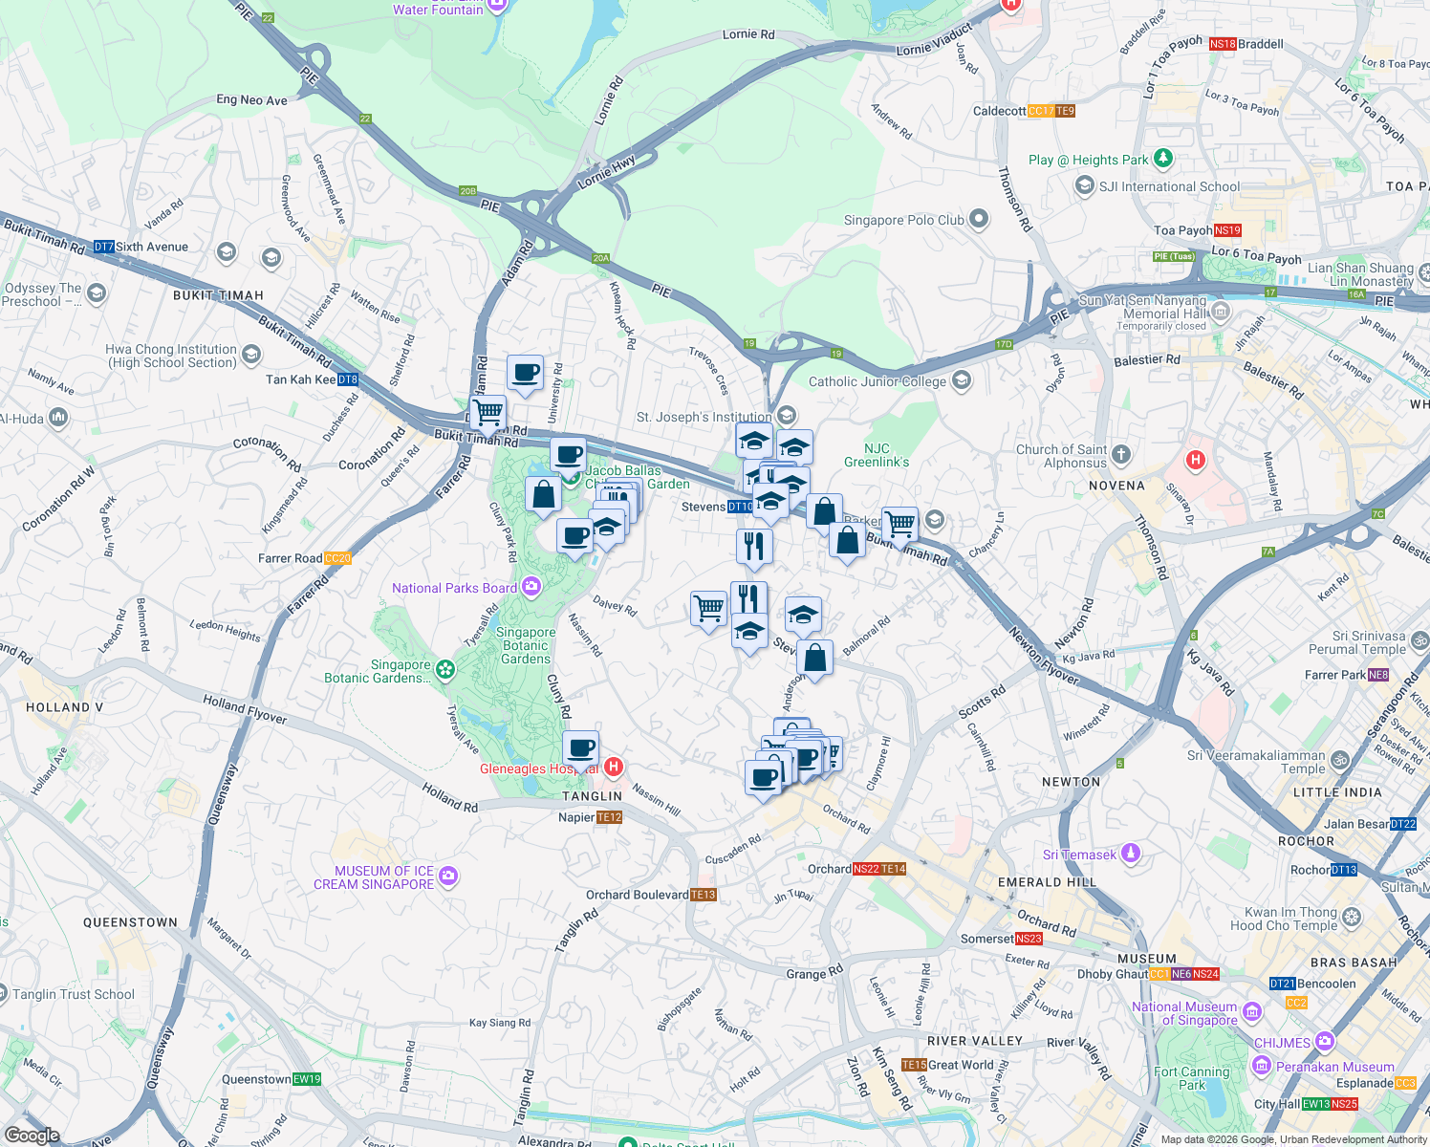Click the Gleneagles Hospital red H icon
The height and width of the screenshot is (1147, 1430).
click(x=614, y=767)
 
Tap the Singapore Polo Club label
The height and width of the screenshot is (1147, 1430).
click(x=903, y=220)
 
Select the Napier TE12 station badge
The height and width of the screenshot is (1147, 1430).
click(x=609, y=817)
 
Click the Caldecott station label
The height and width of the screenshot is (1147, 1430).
click(x=999, y=111)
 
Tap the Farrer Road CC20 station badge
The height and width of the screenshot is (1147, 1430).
click(x=337, y=558)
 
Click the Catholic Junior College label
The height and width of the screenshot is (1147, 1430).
click(x=877, y=381)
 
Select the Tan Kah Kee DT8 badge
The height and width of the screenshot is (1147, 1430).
click(x=347, y=379)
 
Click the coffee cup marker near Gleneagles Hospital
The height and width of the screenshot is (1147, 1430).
click(x=580, y=748)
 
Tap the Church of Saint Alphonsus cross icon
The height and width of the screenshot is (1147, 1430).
click(x=1121, y=454)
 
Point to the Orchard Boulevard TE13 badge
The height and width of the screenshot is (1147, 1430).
click(x=703, y=895)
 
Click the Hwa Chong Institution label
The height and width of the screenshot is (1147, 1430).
click(x=170, y=356)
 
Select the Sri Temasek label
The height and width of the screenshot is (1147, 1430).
click(x=1079, y=855)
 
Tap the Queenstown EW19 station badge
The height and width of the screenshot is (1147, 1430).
click(x=307, y=1079)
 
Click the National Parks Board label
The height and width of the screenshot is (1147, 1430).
click(x=454, y=588)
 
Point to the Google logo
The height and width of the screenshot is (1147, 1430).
click(x=32, y=1136)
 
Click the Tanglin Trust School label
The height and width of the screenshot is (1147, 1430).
click(x=74, y=994)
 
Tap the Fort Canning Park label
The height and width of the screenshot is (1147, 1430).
click(x=1191, y=1078)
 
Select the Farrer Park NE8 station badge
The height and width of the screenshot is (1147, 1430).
click(x=1377, y=675)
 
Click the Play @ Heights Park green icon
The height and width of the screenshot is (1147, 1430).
click(x=1162, y=159)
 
